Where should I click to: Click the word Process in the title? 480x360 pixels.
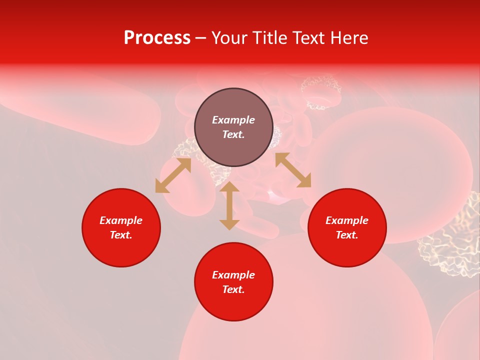tap(157, 38)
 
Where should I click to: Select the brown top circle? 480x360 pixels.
tap(233, 127)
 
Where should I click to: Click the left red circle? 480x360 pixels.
tap(121, 227)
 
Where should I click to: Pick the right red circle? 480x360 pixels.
tap(347, 227)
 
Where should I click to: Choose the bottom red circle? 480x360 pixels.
tap(233, 282)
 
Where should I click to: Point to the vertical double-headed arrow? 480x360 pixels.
tap(229, 205)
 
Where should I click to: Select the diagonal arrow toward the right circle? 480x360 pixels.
tap(293, 170)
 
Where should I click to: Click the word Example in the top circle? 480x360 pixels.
tap(233, 120)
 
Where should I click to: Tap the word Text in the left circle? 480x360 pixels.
tap(121, 235)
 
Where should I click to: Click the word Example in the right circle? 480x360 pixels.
tap(347, 220)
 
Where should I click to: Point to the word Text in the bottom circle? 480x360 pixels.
tap(233, 289)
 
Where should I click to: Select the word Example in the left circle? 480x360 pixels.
tap(121, 220)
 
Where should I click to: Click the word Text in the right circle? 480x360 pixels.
tap(347, 235)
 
